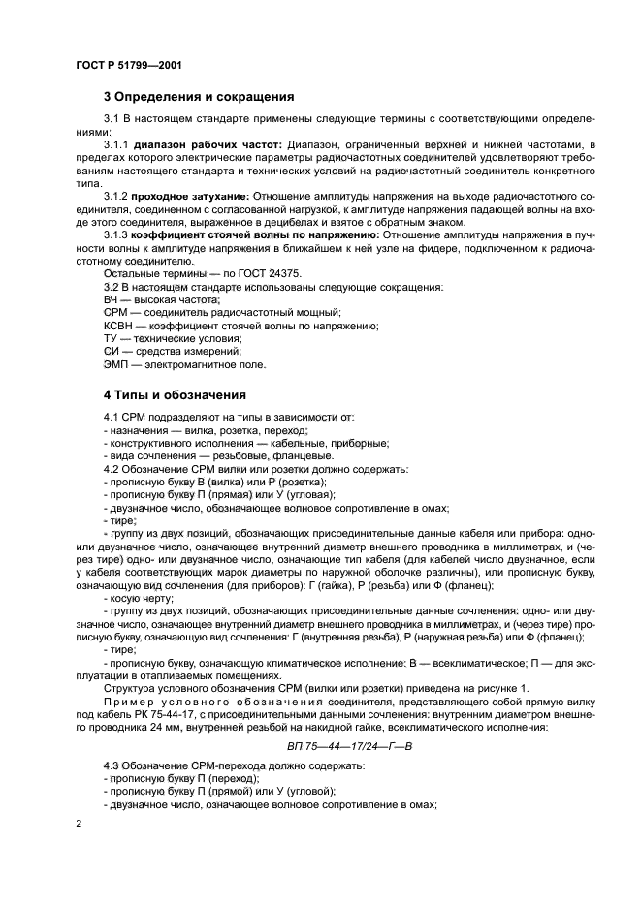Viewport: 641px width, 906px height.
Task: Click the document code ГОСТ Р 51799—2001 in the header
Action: pyautogui.click(x=129, y=65)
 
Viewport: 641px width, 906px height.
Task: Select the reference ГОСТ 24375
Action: pyautogui.click(x=255, y=274)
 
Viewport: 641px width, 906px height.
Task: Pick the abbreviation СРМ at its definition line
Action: pyautogui.click(x=116, y=313)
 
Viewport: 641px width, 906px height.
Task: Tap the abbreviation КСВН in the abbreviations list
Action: pyautogui.click(x=118, y=327)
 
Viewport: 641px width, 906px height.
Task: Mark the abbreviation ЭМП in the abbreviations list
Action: pyautogui.click(x=116, y=365)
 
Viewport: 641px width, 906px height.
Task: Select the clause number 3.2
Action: pyautogui.click(x=113, y=288)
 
